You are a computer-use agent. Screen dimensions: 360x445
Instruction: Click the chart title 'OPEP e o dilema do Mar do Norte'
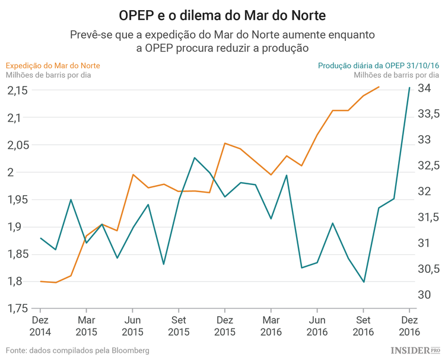222,13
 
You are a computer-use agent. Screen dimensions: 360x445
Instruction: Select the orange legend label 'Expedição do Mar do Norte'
53,65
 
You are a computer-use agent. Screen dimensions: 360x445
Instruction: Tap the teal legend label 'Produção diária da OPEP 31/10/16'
378,65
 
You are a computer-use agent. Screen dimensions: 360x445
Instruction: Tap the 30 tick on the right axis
425,295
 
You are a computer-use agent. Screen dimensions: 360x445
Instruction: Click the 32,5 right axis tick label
428,165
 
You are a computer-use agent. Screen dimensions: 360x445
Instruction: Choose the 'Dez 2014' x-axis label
40,326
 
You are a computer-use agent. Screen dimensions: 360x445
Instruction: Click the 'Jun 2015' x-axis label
132,326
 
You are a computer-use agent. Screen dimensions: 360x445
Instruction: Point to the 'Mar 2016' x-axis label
271,326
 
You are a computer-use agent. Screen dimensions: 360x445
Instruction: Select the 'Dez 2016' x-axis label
409,326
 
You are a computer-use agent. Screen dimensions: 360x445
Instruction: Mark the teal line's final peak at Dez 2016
409,88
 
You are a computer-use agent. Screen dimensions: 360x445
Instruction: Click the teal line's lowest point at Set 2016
364,282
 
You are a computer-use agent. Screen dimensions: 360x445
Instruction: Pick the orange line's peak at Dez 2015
225,143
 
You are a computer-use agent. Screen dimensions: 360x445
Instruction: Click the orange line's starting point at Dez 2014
40,281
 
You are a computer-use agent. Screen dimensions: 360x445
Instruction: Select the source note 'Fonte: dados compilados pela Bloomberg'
78,351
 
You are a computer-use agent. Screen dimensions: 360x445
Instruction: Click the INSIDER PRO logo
415,351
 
